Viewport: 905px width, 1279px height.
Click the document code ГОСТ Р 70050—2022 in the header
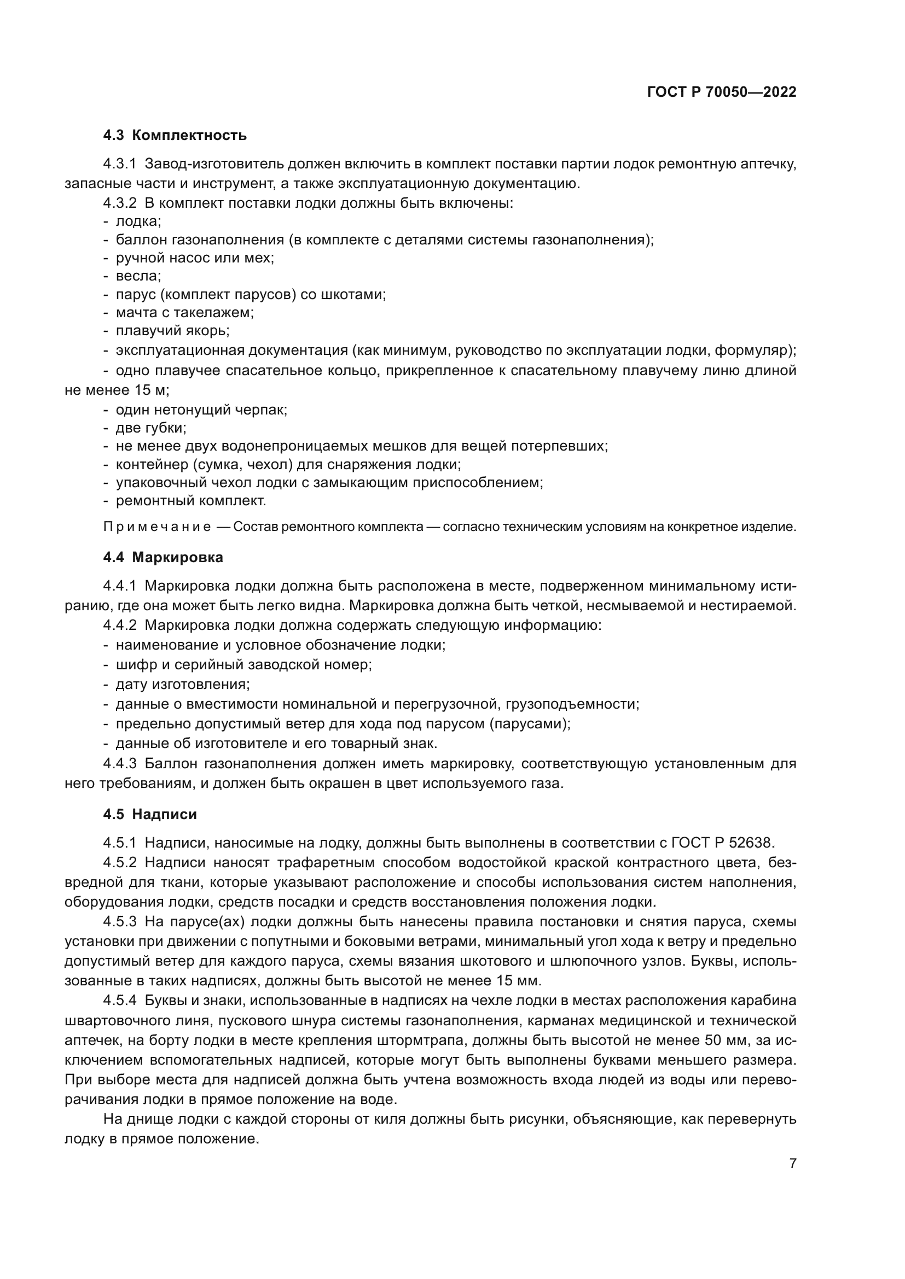tap(722, 92)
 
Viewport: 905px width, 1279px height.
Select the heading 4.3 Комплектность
tap(175, 136)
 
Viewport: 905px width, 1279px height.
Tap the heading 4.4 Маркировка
tap(163, 558)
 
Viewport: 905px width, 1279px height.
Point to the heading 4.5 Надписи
tap(150, 814)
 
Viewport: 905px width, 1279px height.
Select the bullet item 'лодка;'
tap(138, 221)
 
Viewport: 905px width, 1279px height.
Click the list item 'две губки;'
tap(150, 428)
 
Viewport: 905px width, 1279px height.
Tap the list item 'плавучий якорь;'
tap(172, 331)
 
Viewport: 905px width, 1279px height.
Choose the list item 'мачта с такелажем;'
tap(184, 313)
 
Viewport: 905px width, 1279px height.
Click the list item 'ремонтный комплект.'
tap(190, 501)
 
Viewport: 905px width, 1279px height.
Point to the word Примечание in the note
tap(157, 527)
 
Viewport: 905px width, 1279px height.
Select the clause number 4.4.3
tap(120, 763)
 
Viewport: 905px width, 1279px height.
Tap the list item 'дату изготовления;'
tap(182, 684)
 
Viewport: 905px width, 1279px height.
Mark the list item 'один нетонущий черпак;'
tap(201, 410)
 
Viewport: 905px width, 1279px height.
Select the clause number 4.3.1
tap(120, 165)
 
